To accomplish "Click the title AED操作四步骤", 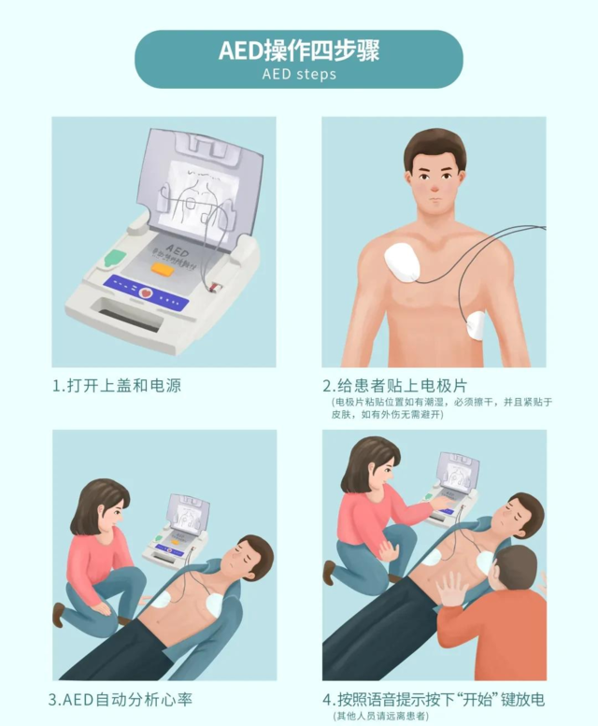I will (299, 50).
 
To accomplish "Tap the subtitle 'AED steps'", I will (299, 74).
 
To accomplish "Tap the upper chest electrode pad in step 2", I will (405, 261).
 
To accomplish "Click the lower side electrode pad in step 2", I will (477, 324).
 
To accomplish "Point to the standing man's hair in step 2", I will (434, 145).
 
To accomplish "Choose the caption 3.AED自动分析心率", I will (121, 699).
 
